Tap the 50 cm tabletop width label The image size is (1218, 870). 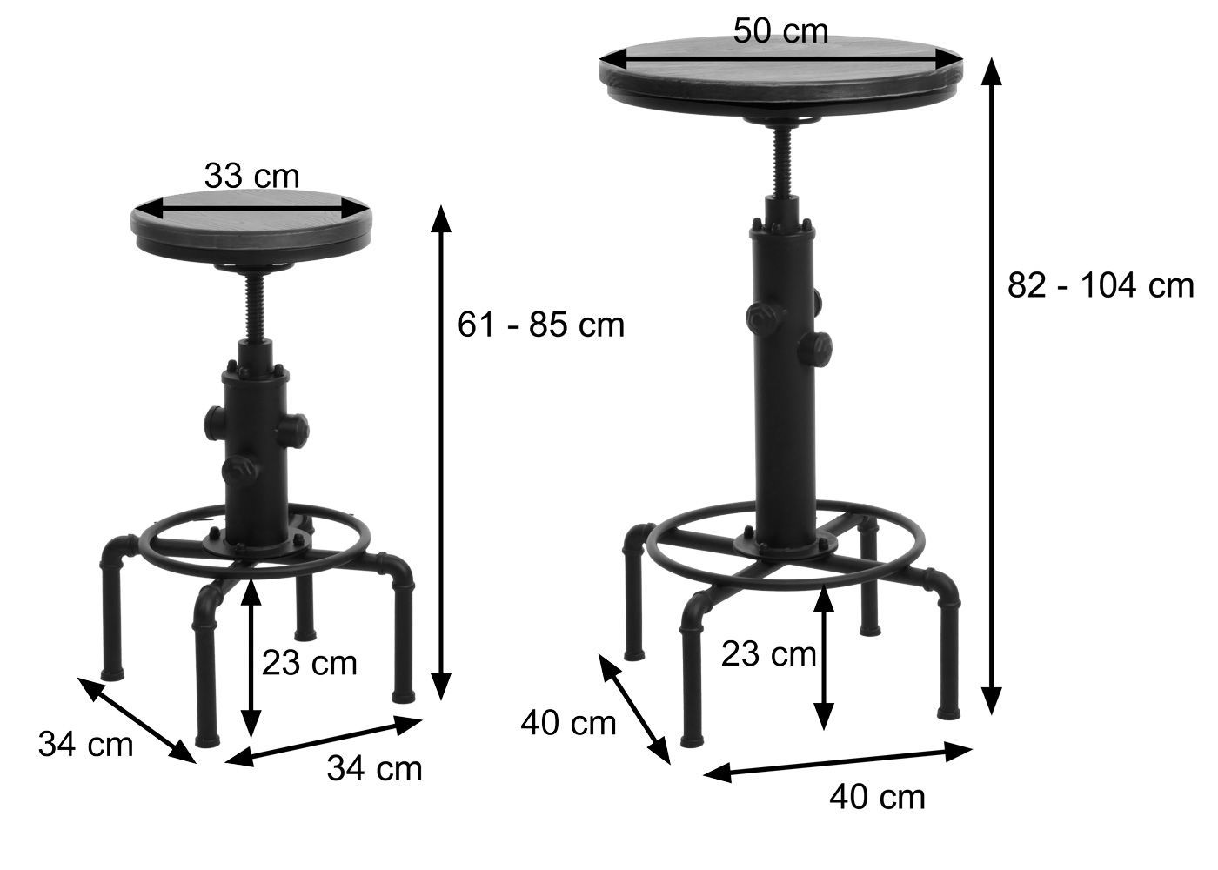point(780,31)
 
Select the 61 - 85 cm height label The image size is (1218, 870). point(541,325)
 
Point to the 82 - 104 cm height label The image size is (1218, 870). point(1101,285)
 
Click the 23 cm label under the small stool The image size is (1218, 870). point(310,663)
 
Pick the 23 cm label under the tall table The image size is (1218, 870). point(769,653)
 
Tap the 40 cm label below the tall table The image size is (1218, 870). point(877,798)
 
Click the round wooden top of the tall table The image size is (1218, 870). point(781,74)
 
